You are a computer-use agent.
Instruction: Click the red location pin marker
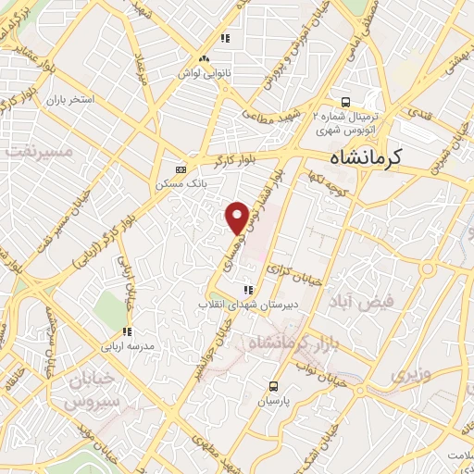coord(237,217)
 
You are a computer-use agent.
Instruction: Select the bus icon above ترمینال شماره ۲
coord(345,101)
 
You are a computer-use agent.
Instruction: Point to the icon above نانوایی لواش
coord(224,39)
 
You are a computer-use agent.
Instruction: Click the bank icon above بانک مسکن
coord(180,170)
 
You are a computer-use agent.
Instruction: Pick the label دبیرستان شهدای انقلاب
coord(237,304)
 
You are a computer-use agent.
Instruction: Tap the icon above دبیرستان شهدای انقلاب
coord(247,290)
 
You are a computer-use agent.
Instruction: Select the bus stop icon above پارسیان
coord(273,386)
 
